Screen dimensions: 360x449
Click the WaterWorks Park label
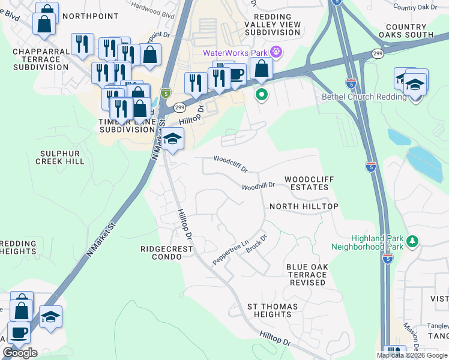[x=235, y=53]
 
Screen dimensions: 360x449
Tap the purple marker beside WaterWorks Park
[x=276, y=53]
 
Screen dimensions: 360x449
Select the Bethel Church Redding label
[x=356, y=97]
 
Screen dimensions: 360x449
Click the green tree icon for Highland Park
[x=412, y=241]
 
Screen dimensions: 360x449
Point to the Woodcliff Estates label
[x=307, y=184]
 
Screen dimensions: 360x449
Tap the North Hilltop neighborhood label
[x=304, y=206]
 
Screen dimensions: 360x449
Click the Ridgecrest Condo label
[x=161, y=253]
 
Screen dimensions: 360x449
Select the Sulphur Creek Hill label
[x=60, y=158]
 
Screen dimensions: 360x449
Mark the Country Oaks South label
[x=405, y=31]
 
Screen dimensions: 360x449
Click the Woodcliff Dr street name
[x=231, y=164]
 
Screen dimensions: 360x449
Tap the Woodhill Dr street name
[x=258, y=186]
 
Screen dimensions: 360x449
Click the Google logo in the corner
[x=20, y=353]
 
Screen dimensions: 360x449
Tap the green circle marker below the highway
[x=262, y=94]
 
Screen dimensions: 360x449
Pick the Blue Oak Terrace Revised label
[x=306, y=275]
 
